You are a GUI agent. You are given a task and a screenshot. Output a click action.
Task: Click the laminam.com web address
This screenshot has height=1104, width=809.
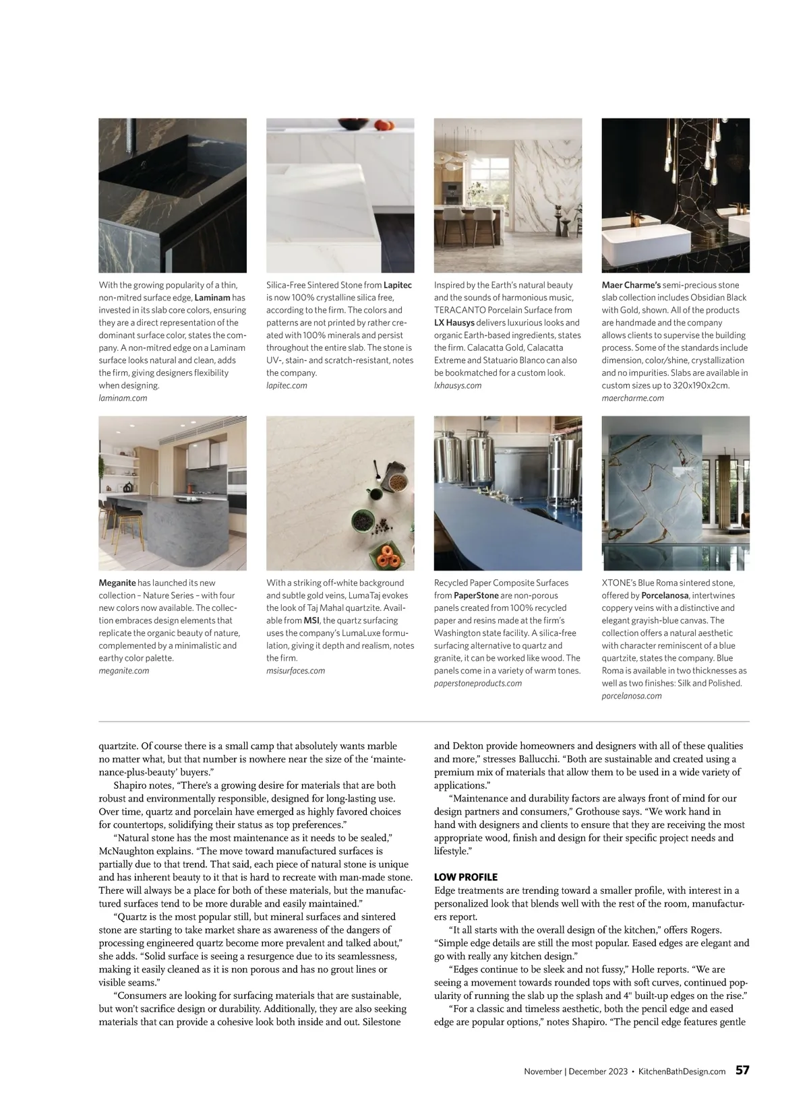[x=123, y=398]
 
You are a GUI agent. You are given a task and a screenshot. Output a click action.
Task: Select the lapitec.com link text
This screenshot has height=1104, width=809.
[x=287, y=385]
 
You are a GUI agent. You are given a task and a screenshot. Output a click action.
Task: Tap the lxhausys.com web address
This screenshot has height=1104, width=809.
[x=458, y=385]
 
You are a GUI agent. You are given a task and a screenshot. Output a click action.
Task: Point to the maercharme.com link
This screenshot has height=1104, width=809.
[x=632, y=398]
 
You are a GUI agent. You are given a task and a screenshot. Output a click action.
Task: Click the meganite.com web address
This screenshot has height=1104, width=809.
[x=124, y=671]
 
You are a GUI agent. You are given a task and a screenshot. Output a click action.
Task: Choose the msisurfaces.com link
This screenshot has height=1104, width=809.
[x=295, y=671]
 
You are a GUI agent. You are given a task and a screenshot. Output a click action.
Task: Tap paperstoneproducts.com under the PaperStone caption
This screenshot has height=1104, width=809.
[x=478, y=683]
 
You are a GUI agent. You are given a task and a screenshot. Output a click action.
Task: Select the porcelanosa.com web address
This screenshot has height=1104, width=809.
[x=632, y=696]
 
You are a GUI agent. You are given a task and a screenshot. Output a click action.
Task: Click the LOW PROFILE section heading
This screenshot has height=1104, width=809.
[x=466, y=877]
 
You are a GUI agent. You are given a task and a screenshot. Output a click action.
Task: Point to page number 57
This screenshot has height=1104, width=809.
[x=742, y=1070]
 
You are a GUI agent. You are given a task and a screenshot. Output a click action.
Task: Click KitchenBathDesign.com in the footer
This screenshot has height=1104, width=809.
[x=682, y=1071]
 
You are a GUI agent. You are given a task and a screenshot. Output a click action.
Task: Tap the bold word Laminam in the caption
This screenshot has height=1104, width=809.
[x=212, y=298]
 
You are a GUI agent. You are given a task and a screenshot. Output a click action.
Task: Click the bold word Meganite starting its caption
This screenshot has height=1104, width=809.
[x=117, y=583]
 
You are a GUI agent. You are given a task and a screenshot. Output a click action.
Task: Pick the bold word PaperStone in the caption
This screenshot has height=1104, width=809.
[x=476, y=595]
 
